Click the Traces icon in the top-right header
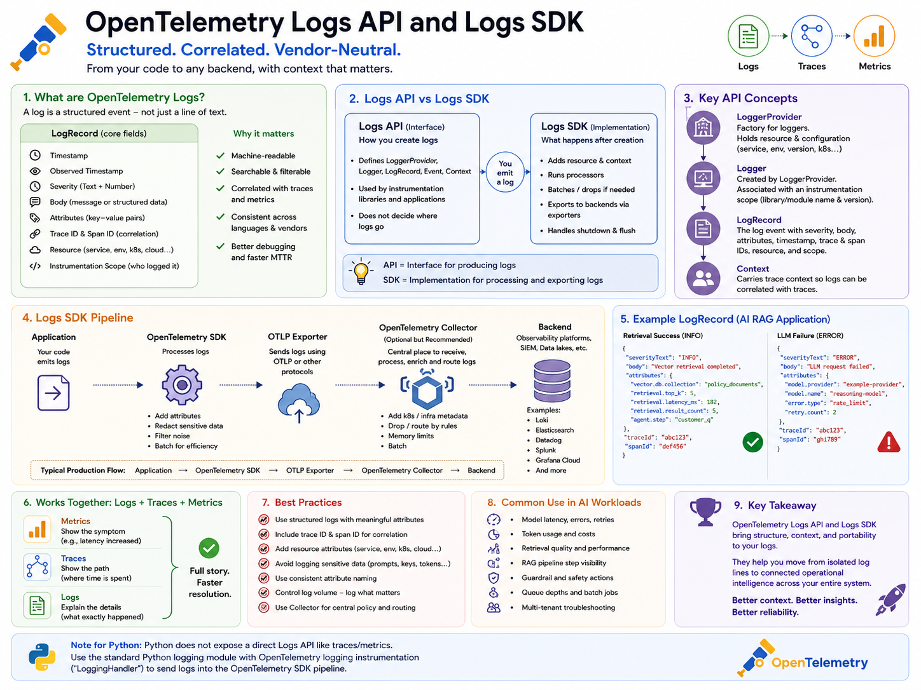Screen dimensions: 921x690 tap(811, 36)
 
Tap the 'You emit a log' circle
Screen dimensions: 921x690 tap(505, 172)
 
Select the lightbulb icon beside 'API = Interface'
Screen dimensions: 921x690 tap(361, 271)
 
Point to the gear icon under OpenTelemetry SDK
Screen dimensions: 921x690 tap(182, 384)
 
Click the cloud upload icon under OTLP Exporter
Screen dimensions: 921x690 tap(298, 403)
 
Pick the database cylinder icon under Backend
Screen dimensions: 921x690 tap(551, 381)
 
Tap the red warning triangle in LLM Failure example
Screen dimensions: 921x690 tap(889, 442)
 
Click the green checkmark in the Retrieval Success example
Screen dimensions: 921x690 tap(752, 442)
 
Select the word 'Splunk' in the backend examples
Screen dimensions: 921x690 tap(546, 450)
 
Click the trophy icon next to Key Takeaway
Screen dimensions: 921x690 tap(705, 511)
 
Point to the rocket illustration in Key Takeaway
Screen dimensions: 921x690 tap(891, 600)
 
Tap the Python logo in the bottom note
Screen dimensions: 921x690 tap(42, 657)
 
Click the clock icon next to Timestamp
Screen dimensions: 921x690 tap(35, 156)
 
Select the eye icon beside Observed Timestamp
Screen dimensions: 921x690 tap(35, 171)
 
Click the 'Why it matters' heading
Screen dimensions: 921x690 tap(263, 133)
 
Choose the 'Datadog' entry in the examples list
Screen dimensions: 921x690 tap(548, 440)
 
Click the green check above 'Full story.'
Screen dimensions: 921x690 tap(209, 548)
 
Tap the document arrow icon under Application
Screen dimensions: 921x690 tap(53, 393)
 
